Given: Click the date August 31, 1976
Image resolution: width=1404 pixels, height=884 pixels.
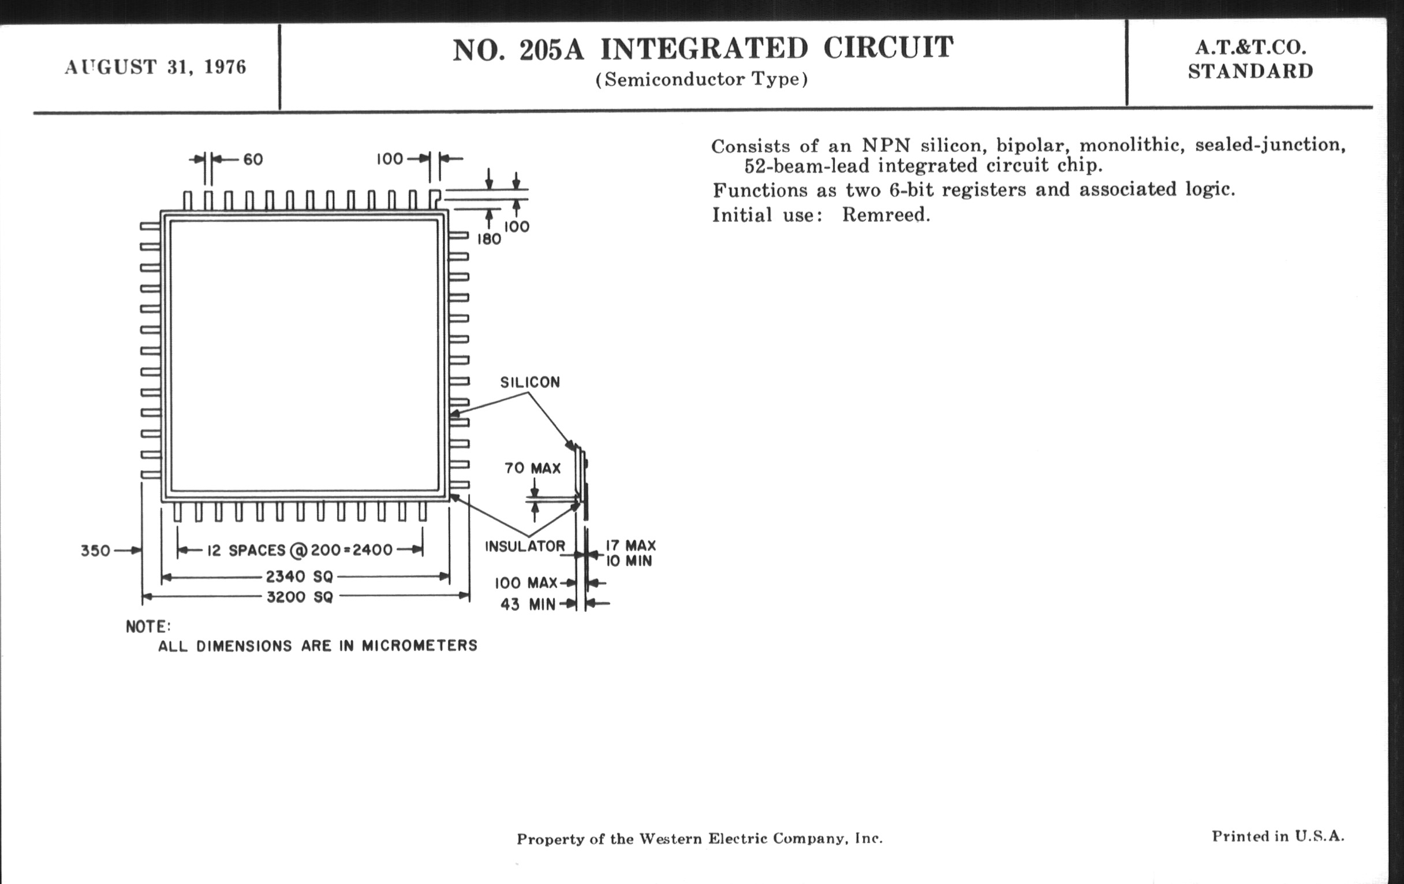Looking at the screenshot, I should coord(155,67).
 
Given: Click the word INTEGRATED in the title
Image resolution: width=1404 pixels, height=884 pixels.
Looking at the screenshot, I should coord(704,49).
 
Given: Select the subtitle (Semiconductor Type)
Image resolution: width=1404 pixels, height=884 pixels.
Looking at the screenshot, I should coord(701,79).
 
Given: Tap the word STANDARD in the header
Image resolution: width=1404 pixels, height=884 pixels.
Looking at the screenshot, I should coord(1250,71).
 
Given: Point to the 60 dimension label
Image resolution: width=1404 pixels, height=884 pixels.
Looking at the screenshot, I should coord(253,159).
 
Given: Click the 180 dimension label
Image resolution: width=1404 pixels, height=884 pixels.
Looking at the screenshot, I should coord(489,239).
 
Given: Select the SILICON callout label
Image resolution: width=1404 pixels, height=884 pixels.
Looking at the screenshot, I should coord(530,382).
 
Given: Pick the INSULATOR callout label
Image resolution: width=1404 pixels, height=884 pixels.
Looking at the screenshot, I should coord(525,546).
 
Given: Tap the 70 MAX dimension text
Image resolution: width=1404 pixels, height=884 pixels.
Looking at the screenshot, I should coord(532,468).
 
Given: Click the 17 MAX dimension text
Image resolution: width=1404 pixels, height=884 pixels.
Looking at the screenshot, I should coord(630,545).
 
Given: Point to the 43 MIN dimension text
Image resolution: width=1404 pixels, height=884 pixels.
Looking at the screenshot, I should coord(528,604).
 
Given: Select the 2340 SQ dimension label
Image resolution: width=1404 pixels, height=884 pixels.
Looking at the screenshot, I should coord(299,577).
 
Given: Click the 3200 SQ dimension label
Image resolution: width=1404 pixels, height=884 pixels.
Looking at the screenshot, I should coord(300,597).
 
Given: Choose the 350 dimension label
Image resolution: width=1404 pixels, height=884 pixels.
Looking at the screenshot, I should coord(95,551).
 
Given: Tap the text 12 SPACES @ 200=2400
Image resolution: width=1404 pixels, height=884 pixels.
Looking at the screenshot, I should coord(300,550).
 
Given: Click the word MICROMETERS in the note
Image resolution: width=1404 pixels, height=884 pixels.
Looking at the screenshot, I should coord(419,645).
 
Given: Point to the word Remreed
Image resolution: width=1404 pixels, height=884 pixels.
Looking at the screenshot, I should coord(885,216).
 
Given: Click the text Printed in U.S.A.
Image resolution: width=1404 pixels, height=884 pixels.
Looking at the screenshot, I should coord(1278,836).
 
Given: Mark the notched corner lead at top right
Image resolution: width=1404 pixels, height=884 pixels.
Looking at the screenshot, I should coord(434,198).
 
